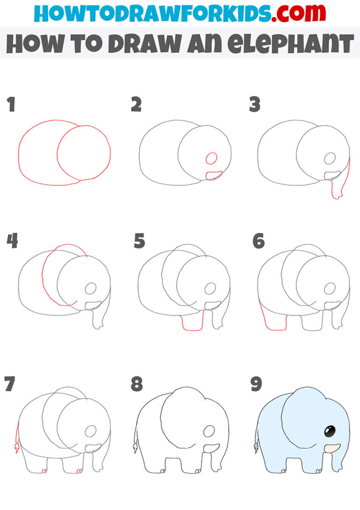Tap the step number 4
12,241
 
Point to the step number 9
256,384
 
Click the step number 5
139,241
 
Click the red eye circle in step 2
211,158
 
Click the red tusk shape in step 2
214,175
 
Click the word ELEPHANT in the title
297,44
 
